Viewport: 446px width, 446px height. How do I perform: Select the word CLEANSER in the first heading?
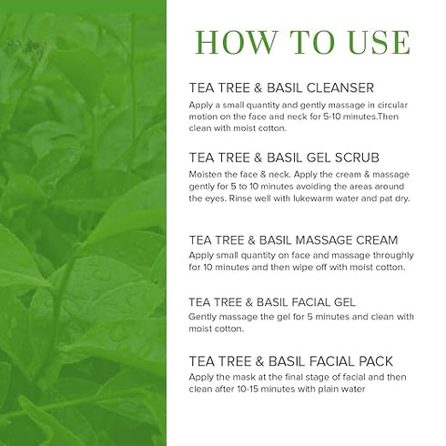[x=340, y=88]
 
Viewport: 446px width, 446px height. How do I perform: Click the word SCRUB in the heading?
[x=357, y=157]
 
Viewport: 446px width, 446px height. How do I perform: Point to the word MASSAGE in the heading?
[x=323, y=240]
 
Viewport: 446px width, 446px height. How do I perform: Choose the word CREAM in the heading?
[x=377, y=240]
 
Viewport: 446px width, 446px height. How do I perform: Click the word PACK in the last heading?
[x=376, y=361]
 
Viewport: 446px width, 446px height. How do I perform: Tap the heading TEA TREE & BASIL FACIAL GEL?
[x=272, y=302]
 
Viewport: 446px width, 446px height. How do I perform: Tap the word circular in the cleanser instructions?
[x=392, y=105]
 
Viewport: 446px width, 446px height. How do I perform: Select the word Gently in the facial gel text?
[x=202, y=318]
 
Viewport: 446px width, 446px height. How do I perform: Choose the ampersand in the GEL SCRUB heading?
[x=258, y=157]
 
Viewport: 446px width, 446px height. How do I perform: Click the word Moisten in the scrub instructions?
[x=205, y=175]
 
